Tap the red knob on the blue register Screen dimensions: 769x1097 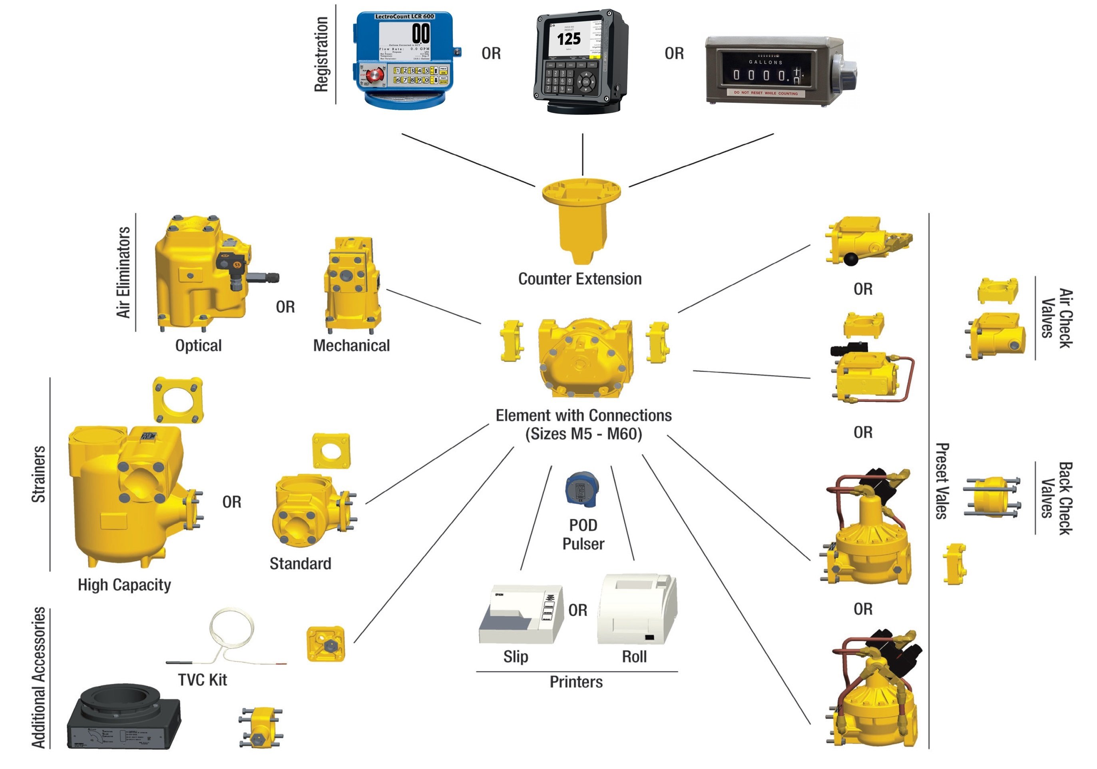click(x=376, y=75)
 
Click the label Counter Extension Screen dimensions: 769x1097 click(x=579, y=279)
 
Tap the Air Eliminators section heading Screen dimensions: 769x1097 click(x=123, y=272)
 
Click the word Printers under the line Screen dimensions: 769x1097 click(x=576, y=682)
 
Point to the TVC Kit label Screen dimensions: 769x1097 click(x=202, y=680)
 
